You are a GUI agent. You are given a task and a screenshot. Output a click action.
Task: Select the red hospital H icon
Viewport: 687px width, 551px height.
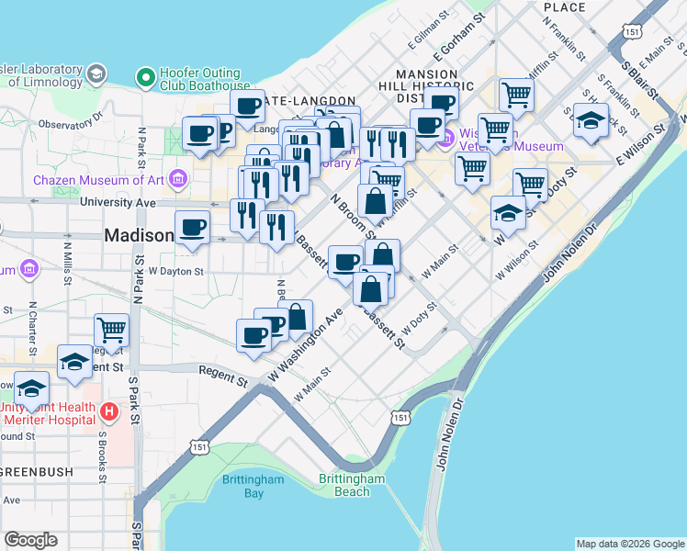108,410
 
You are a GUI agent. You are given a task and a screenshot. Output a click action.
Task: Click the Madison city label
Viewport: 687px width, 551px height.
139,236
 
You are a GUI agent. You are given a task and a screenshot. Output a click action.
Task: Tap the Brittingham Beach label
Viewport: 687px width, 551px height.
352,485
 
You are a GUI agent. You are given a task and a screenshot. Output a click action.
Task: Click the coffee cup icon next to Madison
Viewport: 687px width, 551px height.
192,226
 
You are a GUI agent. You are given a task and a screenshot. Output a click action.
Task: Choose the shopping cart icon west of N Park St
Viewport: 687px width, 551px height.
111,329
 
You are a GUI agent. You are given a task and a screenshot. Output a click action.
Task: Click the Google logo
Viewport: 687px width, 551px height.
30,539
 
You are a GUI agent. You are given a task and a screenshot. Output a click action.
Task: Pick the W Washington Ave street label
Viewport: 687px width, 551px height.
306,347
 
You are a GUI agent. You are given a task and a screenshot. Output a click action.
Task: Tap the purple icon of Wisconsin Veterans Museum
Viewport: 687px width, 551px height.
447,139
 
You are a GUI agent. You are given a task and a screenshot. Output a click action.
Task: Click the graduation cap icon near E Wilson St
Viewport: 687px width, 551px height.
591,119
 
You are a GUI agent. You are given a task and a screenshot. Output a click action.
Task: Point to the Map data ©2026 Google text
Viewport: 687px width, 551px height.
629,544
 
